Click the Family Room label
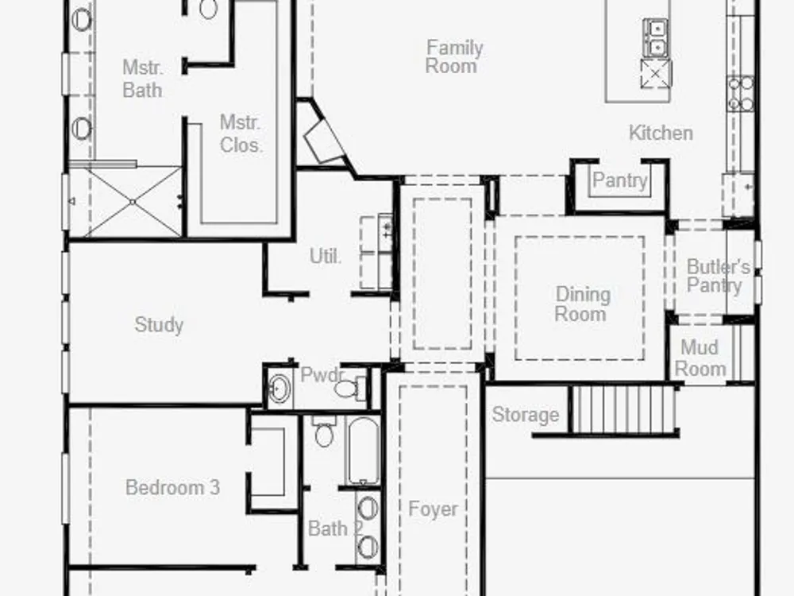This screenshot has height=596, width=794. coord(454,56)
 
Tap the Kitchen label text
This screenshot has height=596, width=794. coord(661,134)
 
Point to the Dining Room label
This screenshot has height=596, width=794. coord(582,304)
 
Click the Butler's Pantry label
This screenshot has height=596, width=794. coord(718,277)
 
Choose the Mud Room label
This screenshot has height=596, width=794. coord(700,358)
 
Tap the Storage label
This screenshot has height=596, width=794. coord(526,415)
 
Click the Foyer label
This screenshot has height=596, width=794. coord(433,509)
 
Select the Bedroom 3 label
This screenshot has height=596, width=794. coord(172,488)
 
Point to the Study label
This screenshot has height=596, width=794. coord(159,325)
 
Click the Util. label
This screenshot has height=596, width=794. coord(326,256)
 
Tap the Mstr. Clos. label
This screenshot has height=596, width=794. coord(241,134)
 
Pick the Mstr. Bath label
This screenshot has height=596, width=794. coord(143,79)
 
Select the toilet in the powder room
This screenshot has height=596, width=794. coord(350,389)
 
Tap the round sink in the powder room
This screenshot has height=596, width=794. coord(279,389)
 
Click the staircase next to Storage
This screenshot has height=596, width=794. coord(623,409)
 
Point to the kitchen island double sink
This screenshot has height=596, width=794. coord(655,38)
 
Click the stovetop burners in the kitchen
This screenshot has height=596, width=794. coord(740,94)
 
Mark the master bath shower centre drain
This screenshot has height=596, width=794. coord(133,202)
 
